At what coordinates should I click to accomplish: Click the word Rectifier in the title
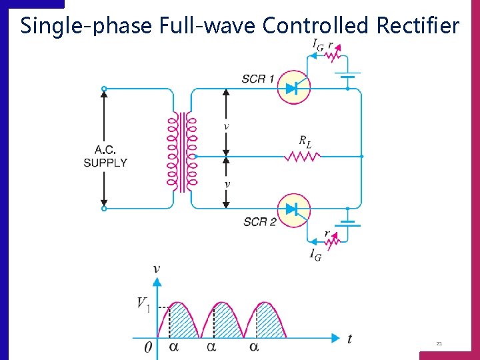click(x=418, y=25)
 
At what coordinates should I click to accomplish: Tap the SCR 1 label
click(x=258, y=79)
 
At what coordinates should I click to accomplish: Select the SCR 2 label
click(x=259, y=221)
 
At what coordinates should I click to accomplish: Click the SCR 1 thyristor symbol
click(x=294, y=88)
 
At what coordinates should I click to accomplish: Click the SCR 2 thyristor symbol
click(x=294, y=209)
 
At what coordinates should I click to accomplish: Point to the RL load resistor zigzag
click(x=303, y=157)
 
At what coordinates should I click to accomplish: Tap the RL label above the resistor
click(x=305, y=141)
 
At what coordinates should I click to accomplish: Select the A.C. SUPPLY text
click(x=105, y=156)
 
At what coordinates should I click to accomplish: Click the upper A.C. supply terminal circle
click(x=104, y=89)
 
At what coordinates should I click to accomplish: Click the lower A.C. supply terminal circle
click(x=104, y=208)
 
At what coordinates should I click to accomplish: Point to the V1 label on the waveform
click(x=143, y=304)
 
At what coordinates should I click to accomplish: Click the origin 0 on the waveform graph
click(x=147, y=347)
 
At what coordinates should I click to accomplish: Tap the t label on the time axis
click(x=349, y=339)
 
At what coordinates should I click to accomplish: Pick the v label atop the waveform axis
click(x=157, y=269)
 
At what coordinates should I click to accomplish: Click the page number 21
click(x=439, y=344)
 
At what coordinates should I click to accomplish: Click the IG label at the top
click(x=318, y=44)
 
